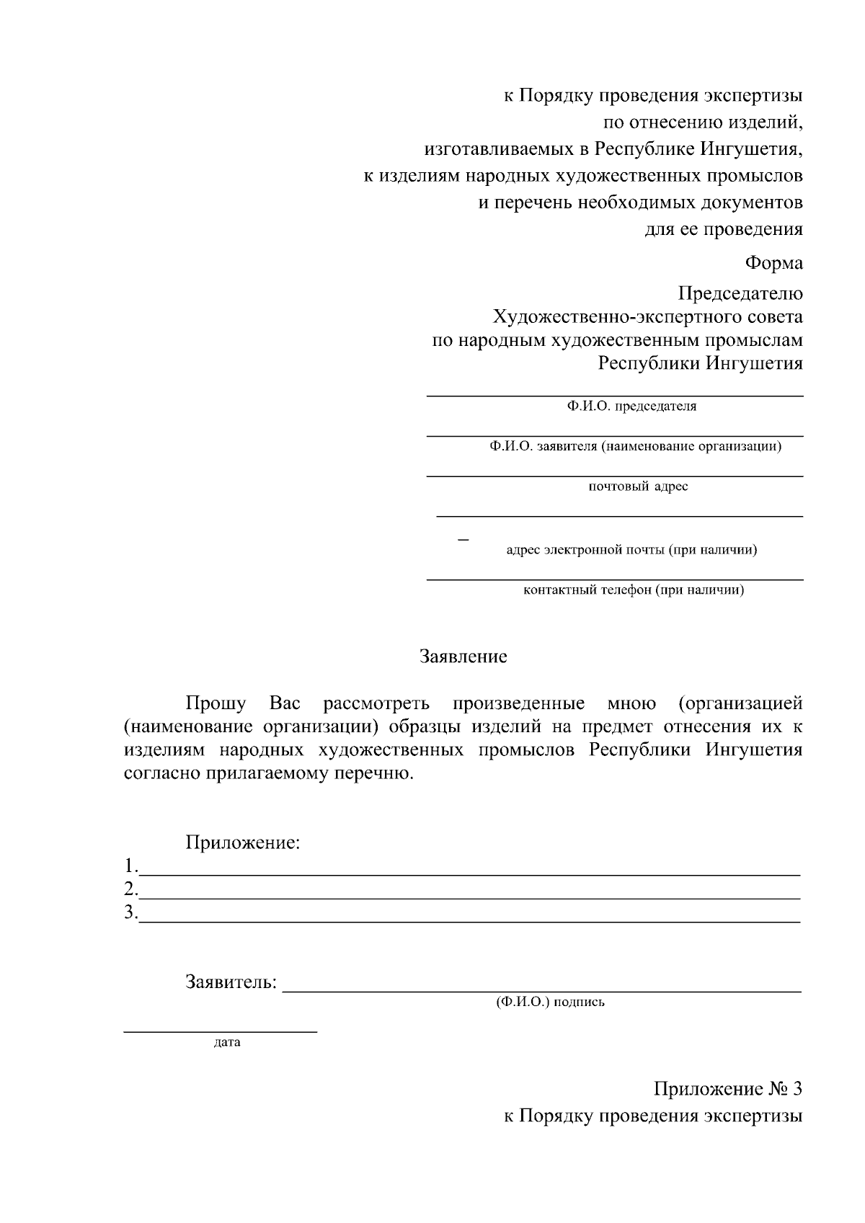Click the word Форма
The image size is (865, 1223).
773,263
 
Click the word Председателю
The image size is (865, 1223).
740,293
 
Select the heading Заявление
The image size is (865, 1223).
463,657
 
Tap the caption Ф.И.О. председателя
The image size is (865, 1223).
631,406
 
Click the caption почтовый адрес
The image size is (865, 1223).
638,486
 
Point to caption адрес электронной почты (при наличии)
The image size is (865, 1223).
631,551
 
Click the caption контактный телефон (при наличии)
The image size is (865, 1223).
633,590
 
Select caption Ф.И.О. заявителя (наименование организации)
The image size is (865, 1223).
635,446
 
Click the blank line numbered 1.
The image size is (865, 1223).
469,873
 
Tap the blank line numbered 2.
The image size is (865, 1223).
469,897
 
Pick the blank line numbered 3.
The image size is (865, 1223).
469,920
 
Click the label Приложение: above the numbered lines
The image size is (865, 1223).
242,842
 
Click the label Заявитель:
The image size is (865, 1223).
231,982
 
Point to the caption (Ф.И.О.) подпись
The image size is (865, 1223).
550,1002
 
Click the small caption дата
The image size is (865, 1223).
227,1042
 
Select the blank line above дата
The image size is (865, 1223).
220,1031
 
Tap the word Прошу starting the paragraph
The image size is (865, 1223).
216,703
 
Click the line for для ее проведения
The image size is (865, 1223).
723,230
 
